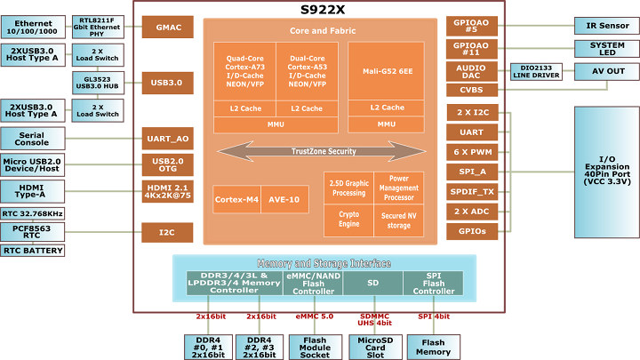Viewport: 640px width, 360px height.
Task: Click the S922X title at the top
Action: (x=323, y=10)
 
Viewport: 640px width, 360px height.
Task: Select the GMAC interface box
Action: (x=168, y=28)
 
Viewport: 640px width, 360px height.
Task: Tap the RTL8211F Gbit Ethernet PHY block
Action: (x=98, y=27)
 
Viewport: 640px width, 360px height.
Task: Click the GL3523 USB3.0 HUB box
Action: (x=98, y=83)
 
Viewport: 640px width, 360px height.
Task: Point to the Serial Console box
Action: (x=33, y=139)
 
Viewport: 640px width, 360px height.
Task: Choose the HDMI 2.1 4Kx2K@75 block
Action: (x=168, y=191)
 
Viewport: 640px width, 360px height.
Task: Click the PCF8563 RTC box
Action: (x=33, y=232)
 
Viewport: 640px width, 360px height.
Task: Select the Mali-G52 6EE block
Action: (x=386, y=71)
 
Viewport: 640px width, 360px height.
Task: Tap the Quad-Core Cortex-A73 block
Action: (x=245, y=71)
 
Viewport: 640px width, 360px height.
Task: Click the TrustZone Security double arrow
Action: (x=322, y=151)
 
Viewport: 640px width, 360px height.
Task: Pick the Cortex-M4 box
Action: (x=236, y=200)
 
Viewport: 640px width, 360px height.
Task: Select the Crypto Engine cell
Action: (x=349, y=220)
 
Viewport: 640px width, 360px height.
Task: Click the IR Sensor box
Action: (x=607, y=26)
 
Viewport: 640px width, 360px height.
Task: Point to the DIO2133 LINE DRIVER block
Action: (x=536, y=72)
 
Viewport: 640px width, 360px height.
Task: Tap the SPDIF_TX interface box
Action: (x=472, y=191)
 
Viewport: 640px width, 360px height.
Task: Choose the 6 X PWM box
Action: (x=472, y=152)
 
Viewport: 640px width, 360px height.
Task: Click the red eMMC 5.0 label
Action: (x=315, y=316)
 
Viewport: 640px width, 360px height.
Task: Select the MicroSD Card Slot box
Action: (x=375, y=348)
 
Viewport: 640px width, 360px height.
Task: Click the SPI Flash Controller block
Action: (x=433, y=284)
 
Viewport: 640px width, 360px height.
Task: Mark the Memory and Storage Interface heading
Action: (x=324, y=263)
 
